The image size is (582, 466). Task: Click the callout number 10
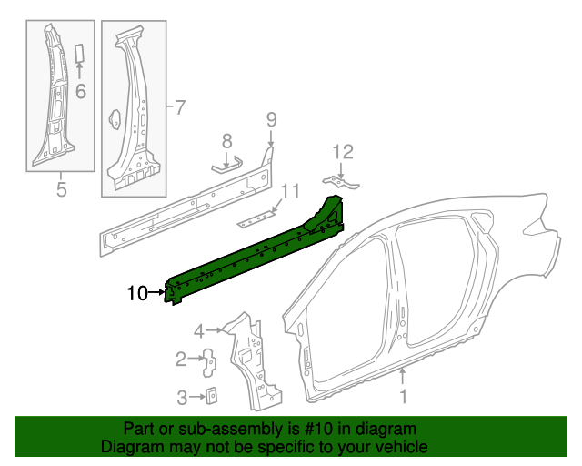(x=136, y=293)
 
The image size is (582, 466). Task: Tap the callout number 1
(x=404, y=397)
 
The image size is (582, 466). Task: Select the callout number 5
(x=61, y=190)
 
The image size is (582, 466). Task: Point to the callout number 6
(x=80, y=90)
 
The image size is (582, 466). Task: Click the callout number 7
(x=179, y=107)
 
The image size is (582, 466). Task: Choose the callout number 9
(x=270, y=118)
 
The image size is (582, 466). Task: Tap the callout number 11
(x=289, y=191)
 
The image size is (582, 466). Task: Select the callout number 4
(x=198, y=330)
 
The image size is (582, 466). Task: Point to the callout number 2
(x=181, y=359)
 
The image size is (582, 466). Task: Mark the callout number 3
(x=182, y=397)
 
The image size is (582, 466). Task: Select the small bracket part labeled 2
(x=208, y=360)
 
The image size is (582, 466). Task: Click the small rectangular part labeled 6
(x=79, y=51)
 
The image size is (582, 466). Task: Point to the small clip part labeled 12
(x=342, y=184)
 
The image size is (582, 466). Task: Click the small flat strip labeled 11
(x=257, y=218)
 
